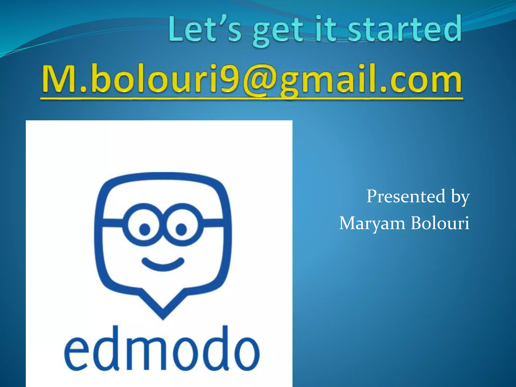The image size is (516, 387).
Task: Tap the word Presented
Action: point(406,196)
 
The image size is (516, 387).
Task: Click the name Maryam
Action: point(372,223)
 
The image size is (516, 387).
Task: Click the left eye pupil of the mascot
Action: point(145,229)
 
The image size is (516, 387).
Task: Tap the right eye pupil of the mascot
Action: point(181,229)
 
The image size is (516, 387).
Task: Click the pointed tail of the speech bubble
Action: point(163,312)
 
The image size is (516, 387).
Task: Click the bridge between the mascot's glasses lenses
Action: point(163,222)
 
